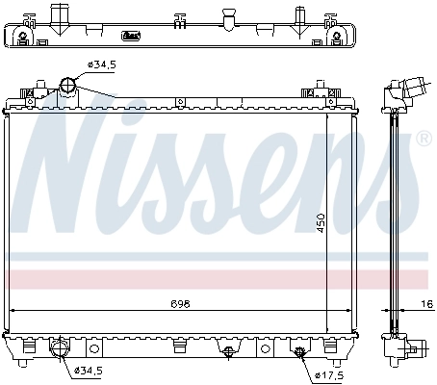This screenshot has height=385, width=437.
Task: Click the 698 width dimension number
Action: click(x=181, y=303)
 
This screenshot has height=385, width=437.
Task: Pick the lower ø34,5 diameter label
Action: click(x=89, y=370)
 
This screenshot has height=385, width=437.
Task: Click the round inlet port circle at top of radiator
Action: click(x=68, y=87)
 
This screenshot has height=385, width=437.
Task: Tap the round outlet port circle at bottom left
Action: click(x=60, y=348)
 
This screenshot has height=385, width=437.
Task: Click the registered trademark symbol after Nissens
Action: click(x=422, y=141)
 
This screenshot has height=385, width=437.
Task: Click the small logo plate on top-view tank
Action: click(x=131, y=37)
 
